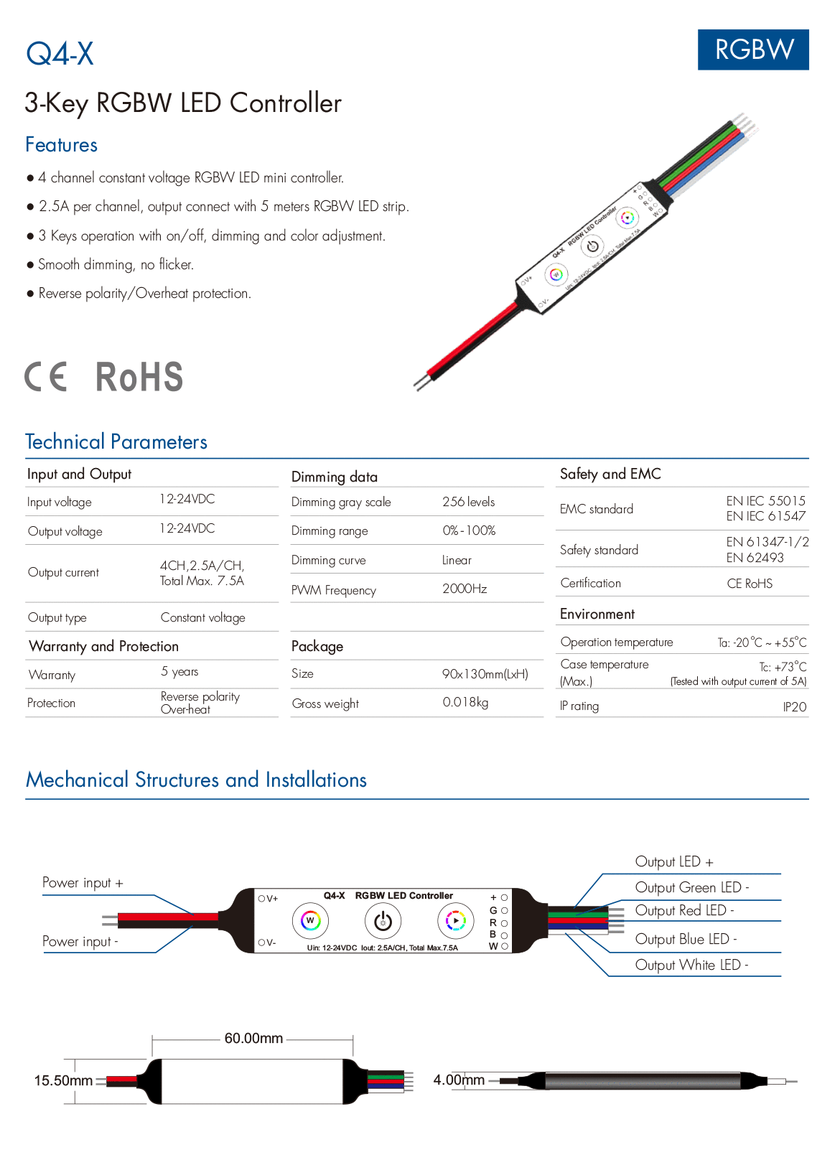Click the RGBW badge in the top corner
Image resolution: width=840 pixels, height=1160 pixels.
point(753,50)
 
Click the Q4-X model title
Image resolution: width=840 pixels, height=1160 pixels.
point(60,53)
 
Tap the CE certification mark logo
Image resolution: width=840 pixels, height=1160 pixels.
point(45,376)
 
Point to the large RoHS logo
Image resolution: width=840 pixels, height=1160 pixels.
point(139,376)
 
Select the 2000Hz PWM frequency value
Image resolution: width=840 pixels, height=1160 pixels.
point(465,589)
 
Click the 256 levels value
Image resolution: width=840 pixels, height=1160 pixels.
point(468,501)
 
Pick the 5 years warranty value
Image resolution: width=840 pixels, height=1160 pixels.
point(179,672)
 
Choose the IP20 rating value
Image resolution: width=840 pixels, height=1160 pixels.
point(795,706)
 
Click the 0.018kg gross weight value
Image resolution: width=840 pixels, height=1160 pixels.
point(465,702)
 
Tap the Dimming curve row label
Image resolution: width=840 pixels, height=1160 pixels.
point(328,560)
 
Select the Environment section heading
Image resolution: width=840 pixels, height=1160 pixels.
point(597,614)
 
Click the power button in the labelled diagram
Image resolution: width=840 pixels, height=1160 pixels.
point(383,921)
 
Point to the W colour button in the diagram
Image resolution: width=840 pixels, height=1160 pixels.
point(310,921)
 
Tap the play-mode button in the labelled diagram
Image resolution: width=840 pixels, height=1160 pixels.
point(456,921)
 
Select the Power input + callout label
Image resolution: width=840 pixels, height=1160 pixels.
point(83,882)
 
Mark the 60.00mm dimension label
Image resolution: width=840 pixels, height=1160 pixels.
point(253,1038)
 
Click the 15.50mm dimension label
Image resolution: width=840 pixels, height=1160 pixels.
point(63,1080)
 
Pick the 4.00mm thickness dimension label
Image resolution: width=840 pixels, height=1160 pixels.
point(459,1080)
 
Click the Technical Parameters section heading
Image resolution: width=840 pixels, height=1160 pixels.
point(116,441)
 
